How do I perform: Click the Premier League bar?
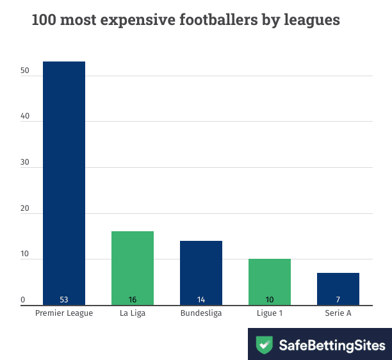[64, 183]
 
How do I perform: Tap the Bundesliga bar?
[201, 272]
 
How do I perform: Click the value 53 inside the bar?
[64, 300]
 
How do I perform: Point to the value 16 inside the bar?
[133, 300]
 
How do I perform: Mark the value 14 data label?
[201, 300]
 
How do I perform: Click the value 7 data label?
[338, 300]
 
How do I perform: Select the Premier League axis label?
[64, 313]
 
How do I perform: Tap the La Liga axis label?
[133, 313]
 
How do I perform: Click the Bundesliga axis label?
[201, 313]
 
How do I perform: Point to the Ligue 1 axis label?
[270, 313]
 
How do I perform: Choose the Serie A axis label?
[338, 313]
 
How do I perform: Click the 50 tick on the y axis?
[24, 70]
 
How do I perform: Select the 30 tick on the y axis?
[24, 163]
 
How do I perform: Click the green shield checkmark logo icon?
[264, 345]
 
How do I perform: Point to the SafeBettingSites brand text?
[332, 345]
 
